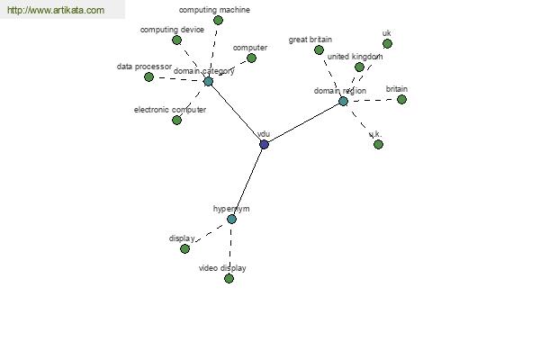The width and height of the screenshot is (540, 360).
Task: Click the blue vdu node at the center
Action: coord(264,144)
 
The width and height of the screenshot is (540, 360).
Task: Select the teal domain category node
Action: coord(208,82)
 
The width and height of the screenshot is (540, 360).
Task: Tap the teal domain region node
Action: coord(343,102)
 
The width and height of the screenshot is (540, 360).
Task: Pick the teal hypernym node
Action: coord(232,219)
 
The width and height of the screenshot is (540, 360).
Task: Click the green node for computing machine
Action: coord(218,21)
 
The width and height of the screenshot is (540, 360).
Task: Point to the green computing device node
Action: coord(176,40)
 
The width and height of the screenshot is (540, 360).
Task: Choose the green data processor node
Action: coord(148,76)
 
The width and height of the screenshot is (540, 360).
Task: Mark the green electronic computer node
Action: coord(176,121)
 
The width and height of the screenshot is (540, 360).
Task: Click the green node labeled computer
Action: coord(251,58)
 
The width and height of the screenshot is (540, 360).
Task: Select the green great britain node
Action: coord(319,50)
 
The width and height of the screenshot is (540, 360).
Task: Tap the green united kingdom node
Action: coord(359,67)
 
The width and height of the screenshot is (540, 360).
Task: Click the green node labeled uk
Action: coord(387,44)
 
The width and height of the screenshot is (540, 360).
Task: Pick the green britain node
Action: coord(401,100)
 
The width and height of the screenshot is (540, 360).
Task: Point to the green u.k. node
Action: coord(378,144)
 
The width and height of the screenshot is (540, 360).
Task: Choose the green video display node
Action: coord(229,278)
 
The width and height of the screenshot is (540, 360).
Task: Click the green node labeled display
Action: coord(184,248)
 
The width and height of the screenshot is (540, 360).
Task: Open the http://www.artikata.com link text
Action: coord(56,10)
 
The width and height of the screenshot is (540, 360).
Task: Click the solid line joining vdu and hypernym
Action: coord(248,182)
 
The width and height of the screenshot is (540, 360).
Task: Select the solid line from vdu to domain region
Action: coord(303,123)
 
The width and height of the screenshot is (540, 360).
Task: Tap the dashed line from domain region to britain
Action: coord(373,100)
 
